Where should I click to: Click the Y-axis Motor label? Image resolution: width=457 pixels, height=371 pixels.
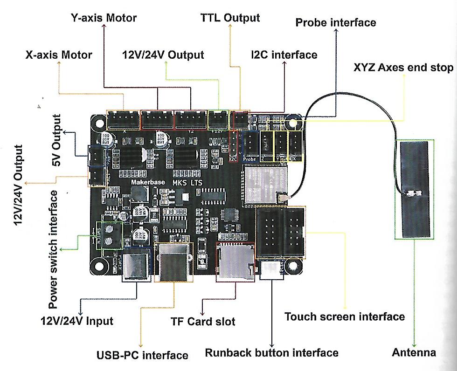click(x=104, y=18)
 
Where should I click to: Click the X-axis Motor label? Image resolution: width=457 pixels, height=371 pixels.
click(x=58, y=55)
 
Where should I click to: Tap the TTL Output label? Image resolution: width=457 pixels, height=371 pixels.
click(x=230, y=18)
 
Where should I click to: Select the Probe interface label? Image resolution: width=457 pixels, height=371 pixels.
click(x=336, y=22)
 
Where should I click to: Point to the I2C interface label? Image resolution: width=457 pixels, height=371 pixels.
click(x=284, y=55)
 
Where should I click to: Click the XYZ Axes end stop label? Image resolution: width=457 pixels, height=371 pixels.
click(x=403, y=68)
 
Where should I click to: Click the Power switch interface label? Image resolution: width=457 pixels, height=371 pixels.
click(x=54, y=249)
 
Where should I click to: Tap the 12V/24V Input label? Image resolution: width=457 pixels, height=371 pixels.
click(x=76, y=321)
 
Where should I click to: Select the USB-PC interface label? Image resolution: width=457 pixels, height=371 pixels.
click(x=142, y=355)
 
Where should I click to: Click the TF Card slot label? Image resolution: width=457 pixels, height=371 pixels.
click(x=202, y=322)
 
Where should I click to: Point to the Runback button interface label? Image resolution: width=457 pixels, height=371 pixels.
click(x=271, y=352)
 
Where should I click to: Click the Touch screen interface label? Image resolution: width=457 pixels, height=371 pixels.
click(x=345, y=317)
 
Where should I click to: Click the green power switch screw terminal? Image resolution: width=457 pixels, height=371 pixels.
click(x=109, y=235)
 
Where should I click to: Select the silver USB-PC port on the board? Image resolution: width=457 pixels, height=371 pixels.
click(x=175, y=263)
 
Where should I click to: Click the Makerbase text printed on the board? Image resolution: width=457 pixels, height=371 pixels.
click(x=148, y=182)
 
